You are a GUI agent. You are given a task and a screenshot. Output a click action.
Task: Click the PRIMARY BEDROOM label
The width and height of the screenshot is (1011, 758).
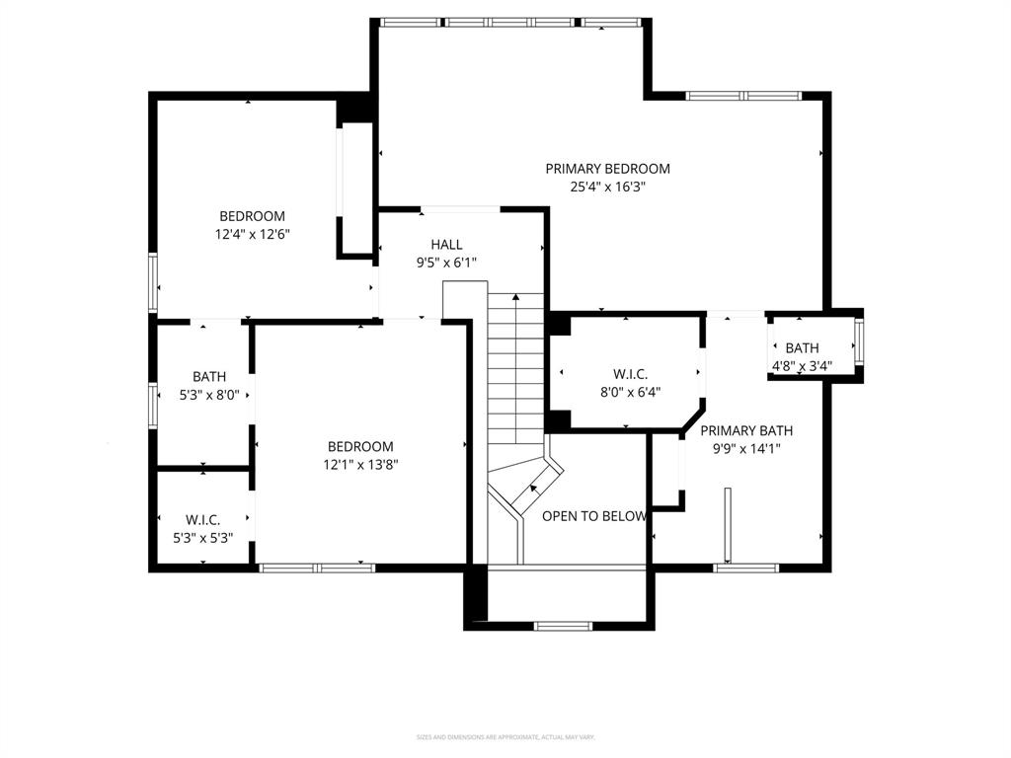[607, 169]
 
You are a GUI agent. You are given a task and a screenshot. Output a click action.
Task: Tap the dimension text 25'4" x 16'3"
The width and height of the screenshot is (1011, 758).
[607, 187]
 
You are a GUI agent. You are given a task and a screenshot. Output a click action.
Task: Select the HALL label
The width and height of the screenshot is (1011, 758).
[446, 245]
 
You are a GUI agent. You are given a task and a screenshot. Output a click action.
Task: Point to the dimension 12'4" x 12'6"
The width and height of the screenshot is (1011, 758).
[252, 234]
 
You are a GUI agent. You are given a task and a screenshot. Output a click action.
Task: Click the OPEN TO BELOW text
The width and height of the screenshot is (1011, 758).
[594, 516]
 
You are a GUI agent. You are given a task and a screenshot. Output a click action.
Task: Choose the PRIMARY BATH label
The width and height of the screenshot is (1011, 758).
[746, 430]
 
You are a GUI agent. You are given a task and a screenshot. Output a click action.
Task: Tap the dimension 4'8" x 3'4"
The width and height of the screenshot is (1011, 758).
[802, 365]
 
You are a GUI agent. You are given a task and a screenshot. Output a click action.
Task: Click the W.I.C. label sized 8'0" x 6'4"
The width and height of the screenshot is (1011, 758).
[630, 374]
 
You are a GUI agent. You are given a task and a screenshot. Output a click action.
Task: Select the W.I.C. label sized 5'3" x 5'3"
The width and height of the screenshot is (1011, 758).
[202, 520]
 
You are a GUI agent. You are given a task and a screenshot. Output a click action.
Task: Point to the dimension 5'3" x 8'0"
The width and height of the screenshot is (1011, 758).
[209, 394]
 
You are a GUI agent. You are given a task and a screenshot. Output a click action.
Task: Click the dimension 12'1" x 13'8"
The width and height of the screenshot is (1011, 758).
[360, 464]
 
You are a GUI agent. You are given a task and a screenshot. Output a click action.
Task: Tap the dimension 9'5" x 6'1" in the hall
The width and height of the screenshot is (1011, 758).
[446, 263]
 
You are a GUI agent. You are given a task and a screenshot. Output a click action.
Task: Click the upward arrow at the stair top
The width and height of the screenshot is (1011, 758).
[515, 297]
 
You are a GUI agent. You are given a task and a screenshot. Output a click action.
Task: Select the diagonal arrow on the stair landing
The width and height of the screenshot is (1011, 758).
[534, 487]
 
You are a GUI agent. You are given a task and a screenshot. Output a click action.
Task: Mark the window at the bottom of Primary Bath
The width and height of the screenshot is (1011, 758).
[746, 568]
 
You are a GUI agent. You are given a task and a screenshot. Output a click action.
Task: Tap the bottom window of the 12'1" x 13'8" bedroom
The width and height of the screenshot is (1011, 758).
[317, 568]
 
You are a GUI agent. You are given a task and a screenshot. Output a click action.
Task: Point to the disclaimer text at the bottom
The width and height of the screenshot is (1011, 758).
[505, 737]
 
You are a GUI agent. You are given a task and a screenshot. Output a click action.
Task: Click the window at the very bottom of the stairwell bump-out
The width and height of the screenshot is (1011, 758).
[564, 625]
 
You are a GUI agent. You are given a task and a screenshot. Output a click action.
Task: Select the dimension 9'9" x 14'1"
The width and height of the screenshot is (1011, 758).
[746, 448]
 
